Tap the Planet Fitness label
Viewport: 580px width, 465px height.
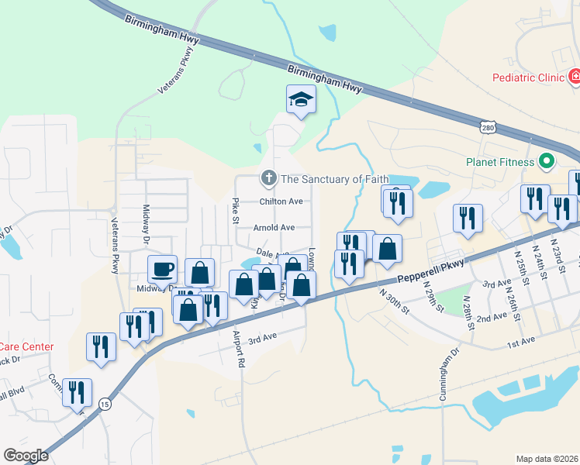point(500,162)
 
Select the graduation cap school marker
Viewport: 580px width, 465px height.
point(301,100)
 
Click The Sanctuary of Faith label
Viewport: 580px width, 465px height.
point(334,179)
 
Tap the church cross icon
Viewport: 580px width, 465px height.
point(268,179)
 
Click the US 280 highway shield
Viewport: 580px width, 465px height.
point(488,126)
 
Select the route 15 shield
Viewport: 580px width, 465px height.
point(104,403)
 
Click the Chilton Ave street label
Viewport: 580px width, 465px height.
point(280,201)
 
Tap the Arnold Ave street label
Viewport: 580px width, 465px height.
point(274,228)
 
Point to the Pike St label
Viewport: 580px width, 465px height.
point(236,210)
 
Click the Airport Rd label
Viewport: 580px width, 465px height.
point(240,348)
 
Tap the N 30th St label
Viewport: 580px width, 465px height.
point(395,299)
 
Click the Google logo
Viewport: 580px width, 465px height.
point(26,456)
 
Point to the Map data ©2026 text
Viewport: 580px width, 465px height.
point(547,459)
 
